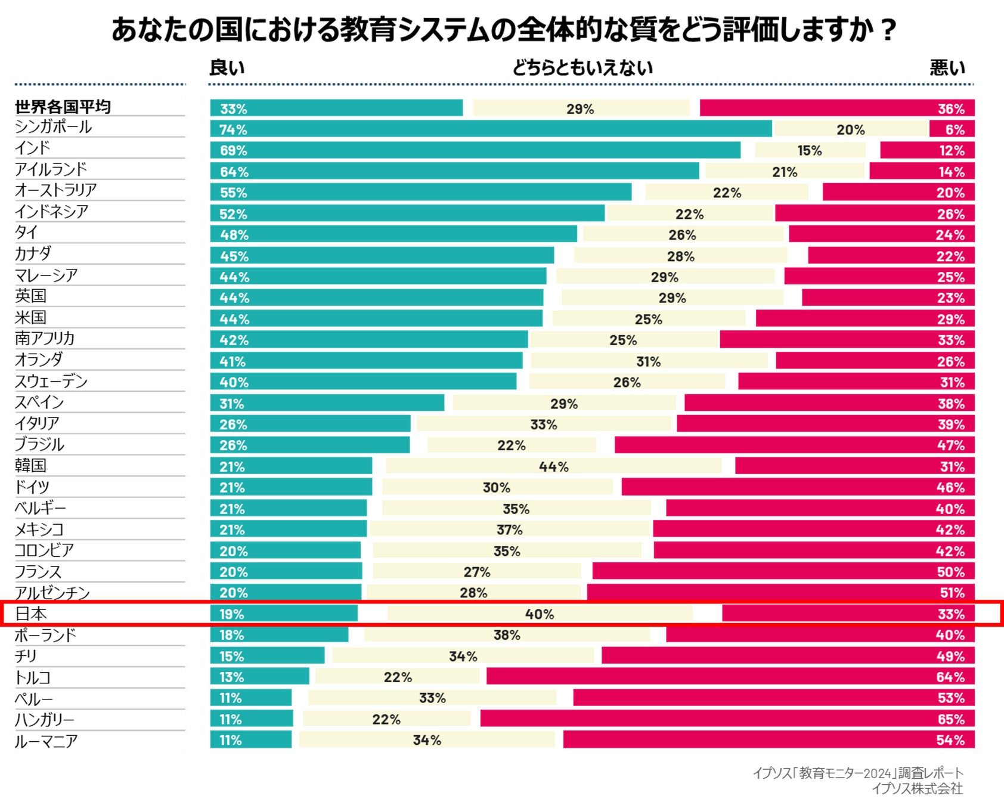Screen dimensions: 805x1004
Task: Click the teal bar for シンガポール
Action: (x=491, y=129)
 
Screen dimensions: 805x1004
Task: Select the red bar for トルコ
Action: (x=730, y=676)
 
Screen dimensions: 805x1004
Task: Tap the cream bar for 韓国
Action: (x=553, y=466)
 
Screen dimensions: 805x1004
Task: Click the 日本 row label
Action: (x=31, y=614)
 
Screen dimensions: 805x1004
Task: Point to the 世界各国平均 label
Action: (x=63, y=107)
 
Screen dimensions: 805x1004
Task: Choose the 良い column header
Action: (x=227, y=68)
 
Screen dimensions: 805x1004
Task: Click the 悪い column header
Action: (x=947, y=68)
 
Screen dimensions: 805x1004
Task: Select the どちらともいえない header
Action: (x=582, y=68)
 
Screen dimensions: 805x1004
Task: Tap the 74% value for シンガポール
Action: (x=233, y=129)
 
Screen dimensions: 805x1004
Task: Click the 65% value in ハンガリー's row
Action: (x=951, y=719)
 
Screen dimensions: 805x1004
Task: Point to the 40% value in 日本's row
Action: (x=540, y=614)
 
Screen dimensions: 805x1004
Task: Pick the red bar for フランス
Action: (x=783, y=571)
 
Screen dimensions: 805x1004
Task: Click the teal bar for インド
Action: (x=475, y=150)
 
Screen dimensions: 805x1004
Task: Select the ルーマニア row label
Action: (x=47, y=741)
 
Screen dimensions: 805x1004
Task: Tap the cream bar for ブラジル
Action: (x=512, y=445)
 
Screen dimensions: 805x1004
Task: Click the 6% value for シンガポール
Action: (x=955, y=129)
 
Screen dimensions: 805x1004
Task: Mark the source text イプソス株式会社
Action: (x=917, y=789)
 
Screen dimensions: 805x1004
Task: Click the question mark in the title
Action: (x=888, y=30)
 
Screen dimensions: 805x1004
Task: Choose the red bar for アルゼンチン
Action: (x=780, y=592)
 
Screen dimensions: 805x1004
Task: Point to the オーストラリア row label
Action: (x=56, y=190)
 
